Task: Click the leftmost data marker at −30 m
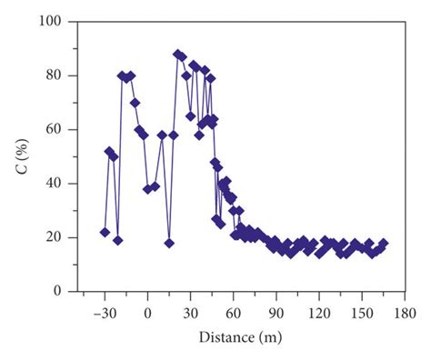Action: (105, 232)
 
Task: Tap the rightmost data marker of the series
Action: (383, 243)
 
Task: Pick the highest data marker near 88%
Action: (177, 55)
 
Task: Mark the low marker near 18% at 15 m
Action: (169, 243)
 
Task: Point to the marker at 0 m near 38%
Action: (147, 189)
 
